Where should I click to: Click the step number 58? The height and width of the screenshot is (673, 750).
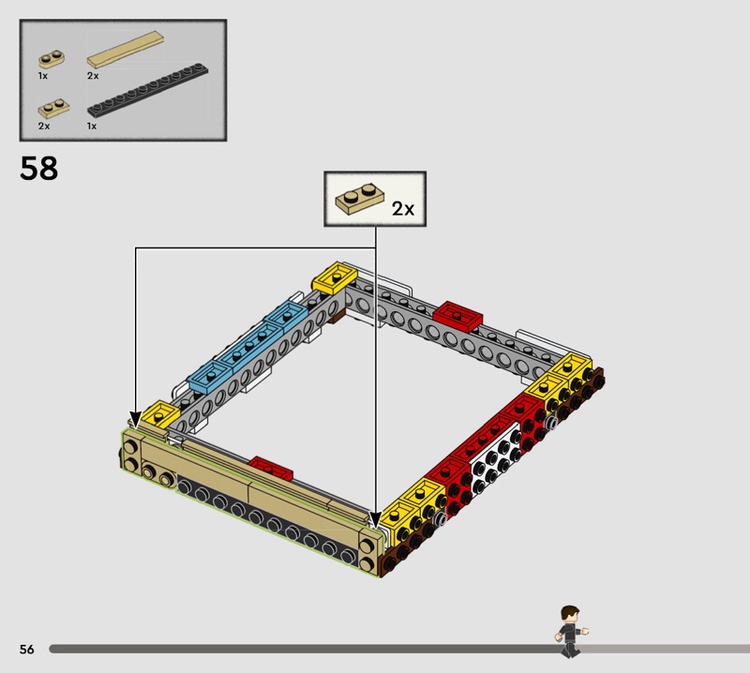click(38, 168)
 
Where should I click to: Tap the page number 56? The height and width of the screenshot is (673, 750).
click(27, 649)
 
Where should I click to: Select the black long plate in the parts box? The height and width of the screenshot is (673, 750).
click(148, 89)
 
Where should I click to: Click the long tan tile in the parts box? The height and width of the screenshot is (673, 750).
click(126, 50)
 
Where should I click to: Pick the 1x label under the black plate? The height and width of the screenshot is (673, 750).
click(92, 126)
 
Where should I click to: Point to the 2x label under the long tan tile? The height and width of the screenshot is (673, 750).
click(93, 76)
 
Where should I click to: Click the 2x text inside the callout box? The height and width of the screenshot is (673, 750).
click(403, 208)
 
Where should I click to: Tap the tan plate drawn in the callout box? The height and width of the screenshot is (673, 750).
click(360, 197)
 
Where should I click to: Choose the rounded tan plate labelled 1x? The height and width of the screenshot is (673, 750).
click(52, 59)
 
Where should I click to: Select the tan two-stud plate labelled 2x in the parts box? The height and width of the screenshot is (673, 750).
click(53, 109)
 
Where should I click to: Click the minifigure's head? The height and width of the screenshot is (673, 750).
click(570, 614)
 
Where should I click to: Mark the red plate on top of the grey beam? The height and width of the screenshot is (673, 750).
click(457, 315)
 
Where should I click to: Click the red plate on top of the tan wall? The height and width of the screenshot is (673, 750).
click(270, 468)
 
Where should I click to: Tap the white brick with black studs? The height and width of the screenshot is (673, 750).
click(496, 456)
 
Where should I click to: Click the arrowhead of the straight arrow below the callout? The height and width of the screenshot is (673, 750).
click(376, 521)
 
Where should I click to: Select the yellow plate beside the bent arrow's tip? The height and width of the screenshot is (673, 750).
click(160, 414)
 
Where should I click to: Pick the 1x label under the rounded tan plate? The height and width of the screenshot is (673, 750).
click(43, 76)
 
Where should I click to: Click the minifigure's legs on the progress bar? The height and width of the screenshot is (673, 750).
click(570, 649)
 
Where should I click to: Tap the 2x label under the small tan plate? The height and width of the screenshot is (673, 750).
click(44, 126)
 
